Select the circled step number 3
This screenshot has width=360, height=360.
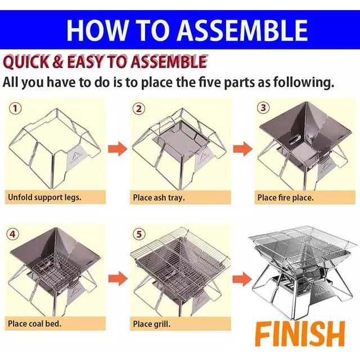[x=263, y=107]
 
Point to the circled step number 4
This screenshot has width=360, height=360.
[x=13, y=234]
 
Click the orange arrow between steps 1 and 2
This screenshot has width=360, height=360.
[x=117, y=149]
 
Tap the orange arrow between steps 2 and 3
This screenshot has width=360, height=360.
[x=242, y=149]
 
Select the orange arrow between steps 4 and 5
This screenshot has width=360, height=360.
[x=117, y=277]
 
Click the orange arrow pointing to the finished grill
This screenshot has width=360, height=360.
[x=242, y=277]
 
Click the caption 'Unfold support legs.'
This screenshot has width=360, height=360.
[x=44, y=198]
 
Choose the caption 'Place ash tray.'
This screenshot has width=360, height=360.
[x=159, y=198]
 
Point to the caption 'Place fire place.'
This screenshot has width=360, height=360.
[x=286, y=198]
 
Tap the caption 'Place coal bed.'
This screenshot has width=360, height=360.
[x=35, y=324]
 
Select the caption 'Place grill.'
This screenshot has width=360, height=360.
[x=151, y=324]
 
